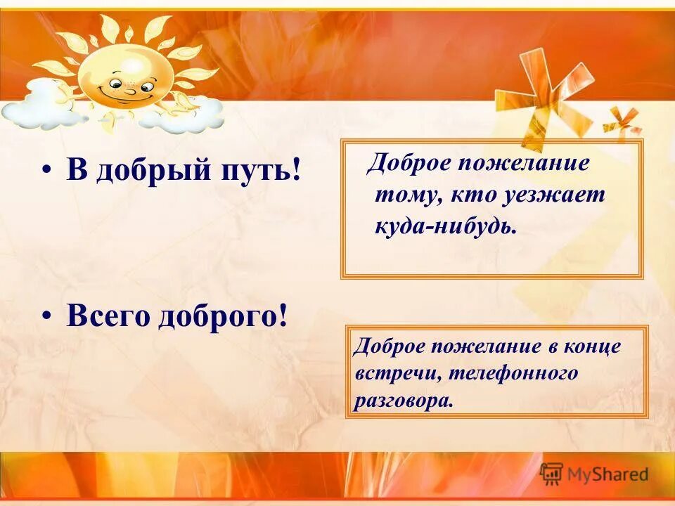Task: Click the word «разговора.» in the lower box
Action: click(401, 400)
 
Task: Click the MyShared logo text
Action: click(608, 474)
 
